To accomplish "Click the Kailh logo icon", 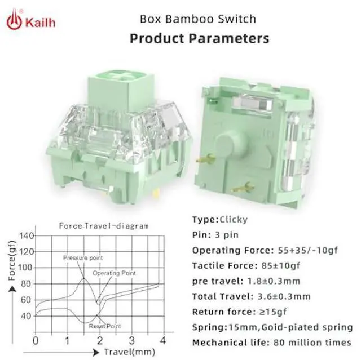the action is (14, 19).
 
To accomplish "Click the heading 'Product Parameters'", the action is (199, 38).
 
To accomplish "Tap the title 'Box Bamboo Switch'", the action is (198, 19).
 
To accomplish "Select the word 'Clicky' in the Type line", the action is (234, 220).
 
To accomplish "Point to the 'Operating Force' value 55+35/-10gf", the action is (308, 250).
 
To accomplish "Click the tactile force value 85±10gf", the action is (281, 266).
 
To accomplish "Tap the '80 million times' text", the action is (312, 343).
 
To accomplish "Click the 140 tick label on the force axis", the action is (27, 236).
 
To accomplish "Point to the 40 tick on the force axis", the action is (26, 316).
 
